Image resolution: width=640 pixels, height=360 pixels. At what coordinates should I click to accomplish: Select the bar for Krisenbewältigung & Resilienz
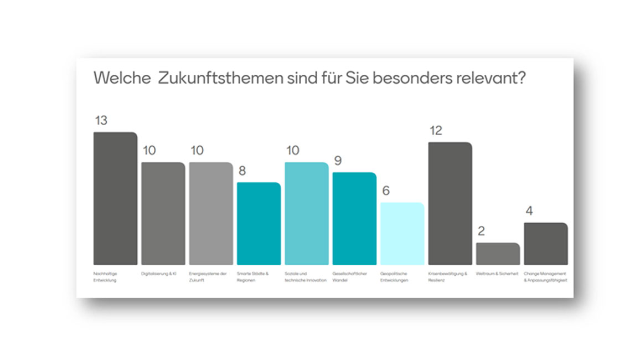450,203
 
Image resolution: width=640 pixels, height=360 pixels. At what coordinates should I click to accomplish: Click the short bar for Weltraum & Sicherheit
498,254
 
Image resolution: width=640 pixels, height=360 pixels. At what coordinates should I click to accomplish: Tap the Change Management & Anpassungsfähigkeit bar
546,244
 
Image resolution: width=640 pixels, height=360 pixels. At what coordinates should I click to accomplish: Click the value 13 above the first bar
101,120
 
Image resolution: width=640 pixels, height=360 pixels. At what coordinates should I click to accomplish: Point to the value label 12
436,131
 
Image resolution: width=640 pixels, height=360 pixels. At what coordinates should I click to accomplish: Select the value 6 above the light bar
386,191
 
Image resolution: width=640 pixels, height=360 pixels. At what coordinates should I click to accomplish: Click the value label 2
481,231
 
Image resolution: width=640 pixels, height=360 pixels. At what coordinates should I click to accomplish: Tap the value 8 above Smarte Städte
242,171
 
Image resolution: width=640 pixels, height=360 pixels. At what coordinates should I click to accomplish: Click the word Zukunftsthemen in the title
220,78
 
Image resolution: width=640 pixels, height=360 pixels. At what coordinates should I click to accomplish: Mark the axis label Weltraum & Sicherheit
497,274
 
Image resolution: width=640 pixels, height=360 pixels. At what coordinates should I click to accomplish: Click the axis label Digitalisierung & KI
159,274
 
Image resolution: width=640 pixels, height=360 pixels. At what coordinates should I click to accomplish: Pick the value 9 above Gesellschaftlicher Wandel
338,161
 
